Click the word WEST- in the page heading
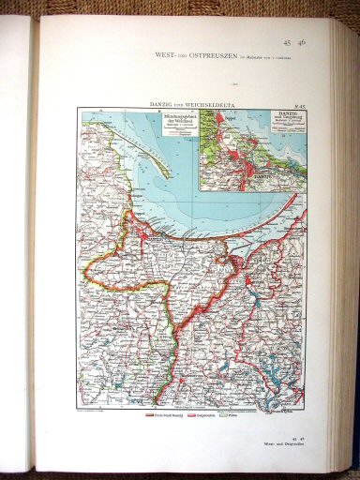170,56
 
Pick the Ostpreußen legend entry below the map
203,412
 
